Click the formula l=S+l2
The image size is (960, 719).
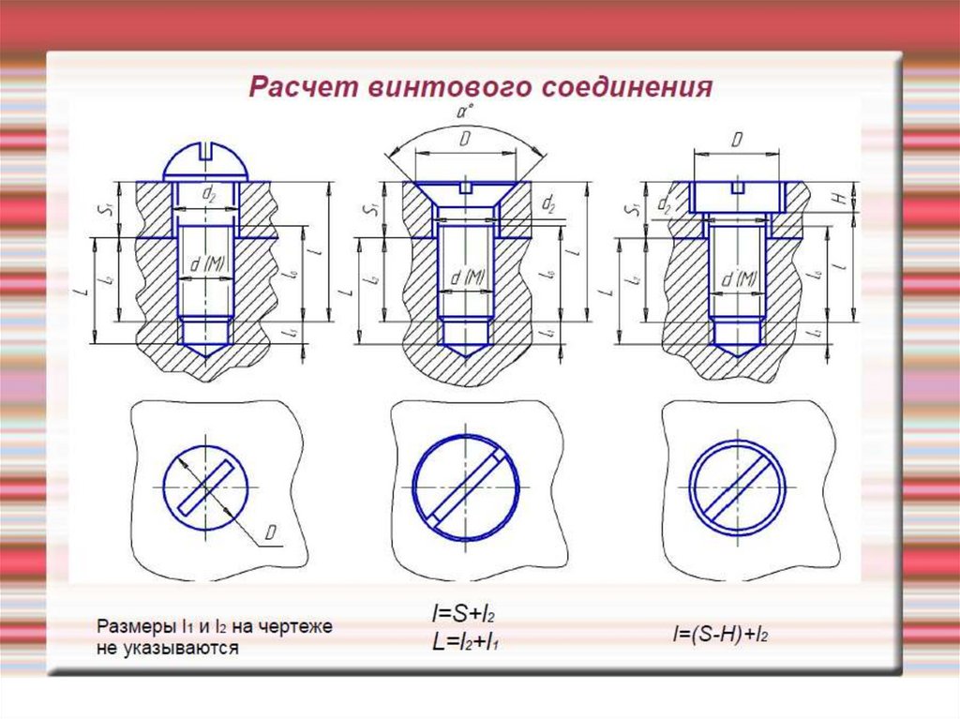click(462, 616)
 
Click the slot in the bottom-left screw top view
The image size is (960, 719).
click(205, 487)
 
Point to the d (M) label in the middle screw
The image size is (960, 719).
click(466, 277)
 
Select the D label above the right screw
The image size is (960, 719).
click(736, 140)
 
